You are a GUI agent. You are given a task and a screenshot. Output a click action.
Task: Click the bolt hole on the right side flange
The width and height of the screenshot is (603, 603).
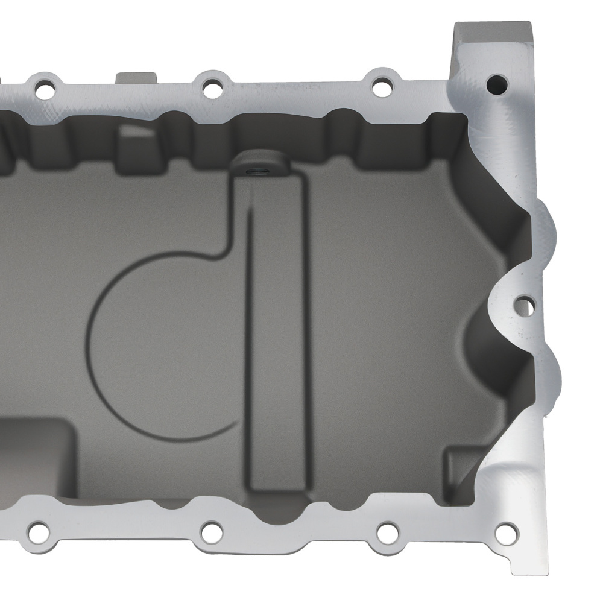click(x=525, y=306)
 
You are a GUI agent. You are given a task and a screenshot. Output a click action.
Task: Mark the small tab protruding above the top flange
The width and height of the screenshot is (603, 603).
click(x=136, y=79)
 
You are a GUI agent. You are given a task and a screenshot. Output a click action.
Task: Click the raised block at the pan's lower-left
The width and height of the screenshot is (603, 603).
click(x=36, y=458)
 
